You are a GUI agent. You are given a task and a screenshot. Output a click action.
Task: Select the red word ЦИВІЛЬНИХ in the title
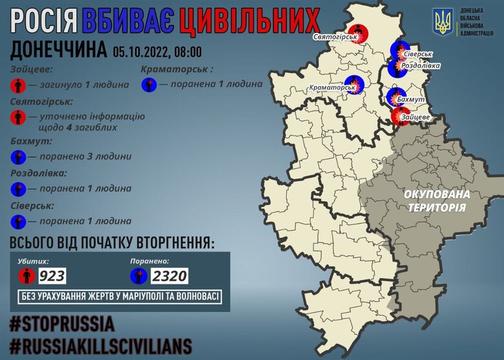pos(248,22)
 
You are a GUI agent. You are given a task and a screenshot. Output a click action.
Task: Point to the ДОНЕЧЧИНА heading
pos(58,51)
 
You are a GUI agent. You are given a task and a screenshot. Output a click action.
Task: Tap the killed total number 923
pos(52,277)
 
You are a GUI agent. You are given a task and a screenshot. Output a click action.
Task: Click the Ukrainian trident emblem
pos(444,23)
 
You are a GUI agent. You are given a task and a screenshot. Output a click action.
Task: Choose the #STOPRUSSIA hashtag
pos(62,323)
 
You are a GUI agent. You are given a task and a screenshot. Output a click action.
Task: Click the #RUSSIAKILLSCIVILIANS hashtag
pos(100,344)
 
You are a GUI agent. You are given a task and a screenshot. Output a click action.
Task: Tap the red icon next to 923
pos(26,277)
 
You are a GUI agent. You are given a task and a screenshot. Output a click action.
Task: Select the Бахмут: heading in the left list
pos(30,141)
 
